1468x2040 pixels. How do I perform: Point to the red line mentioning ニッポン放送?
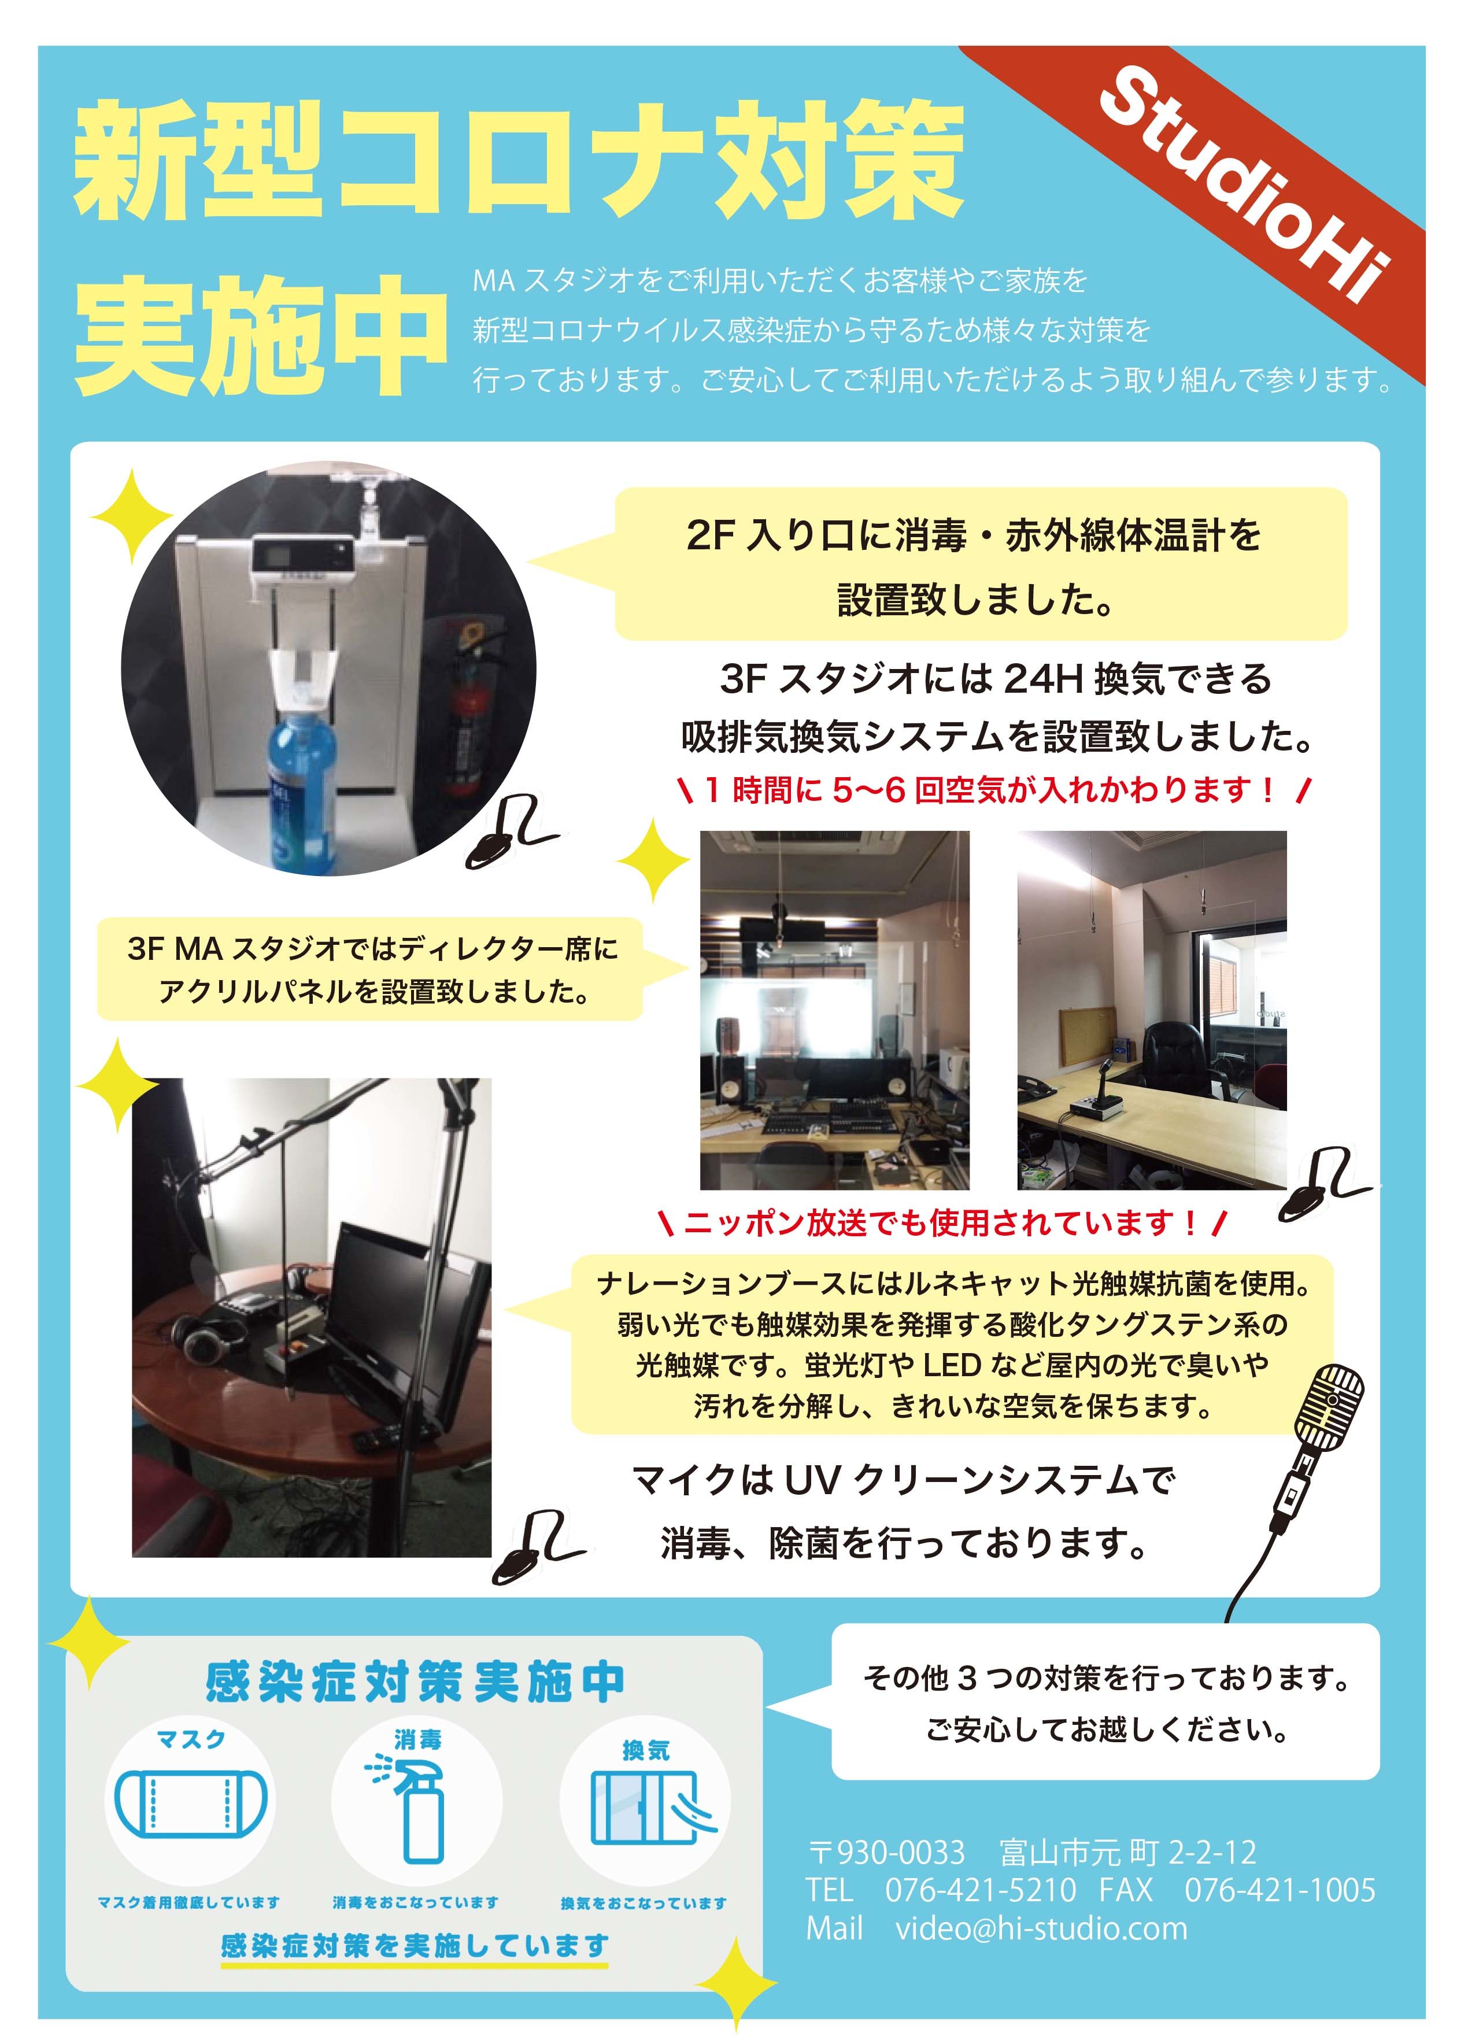pos(941,1221)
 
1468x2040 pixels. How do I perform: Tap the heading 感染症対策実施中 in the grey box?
pos(415,1680)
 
